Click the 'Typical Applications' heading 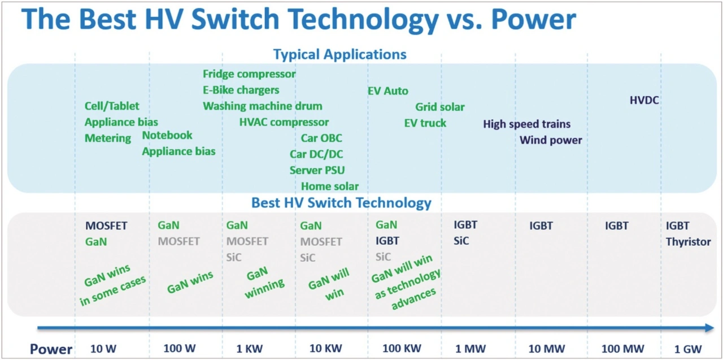[339, 55]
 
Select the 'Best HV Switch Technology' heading [341, 203]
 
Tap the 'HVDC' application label [644, 101]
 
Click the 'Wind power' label [551, 140]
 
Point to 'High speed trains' [526, 124]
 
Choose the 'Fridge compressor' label [249, 74]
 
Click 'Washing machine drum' [263, 106]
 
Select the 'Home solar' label [330, 186]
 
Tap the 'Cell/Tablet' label [112, 106]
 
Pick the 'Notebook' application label [167, 135]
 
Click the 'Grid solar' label [440, 107]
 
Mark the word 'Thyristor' [688, 242]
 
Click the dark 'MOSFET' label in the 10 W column [106, 226]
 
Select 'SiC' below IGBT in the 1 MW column [461, 241]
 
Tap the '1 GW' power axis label [688, 349]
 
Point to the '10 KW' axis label [325, 349]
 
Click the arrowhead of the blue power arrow [709, 328]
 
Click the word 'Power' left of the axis [51, 349]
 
